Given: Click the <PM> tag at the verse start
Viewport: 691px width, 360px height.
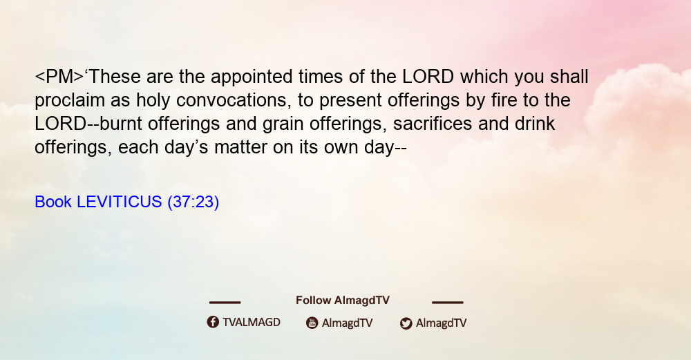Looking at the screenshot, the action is pyautogui.click(x=59, y=77).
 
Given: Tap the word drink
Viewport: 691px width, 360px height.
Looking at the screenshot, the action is pyautogui.click(x=535, y=124).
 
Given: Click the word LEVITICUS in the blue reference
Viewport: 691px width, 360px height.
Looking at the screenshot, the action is pyautogui.click(x=120, y=202).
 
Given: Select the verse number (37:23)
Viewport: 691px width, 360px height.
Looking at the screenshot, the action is pyautogui.click(x=193, y=202).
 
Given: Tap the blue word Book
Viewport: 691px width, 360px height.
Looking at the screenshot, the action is pyautogui.click(x=53, y=202).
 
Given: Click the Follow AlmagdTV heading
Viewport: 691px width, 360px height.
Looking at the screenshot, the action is pyautogui.click(x=343, y=300).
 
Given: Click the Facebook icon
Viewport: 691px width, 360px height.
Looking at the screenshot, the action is pyautogui.click(x=213, y=322).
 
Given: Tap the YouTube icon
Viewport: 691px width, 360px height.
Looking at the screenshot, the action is pyautogui.click(x=312, y=323).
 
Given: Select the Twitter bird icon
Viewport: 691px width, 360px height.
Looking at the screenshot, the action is pyautogui.click(x=406, y=323).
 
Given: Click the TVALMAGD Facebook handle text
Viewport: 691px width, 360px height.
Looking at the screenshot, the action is pyautogui.click(x=252, y=322).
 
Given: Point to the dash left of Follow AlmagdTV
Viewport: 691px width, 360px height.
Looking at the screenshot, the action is pyautogui.click(x=225, y=302).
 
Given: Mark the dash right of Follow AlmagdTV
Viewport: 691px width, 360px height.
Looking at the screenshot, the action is pyautogui.click(x=448, y=302).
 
